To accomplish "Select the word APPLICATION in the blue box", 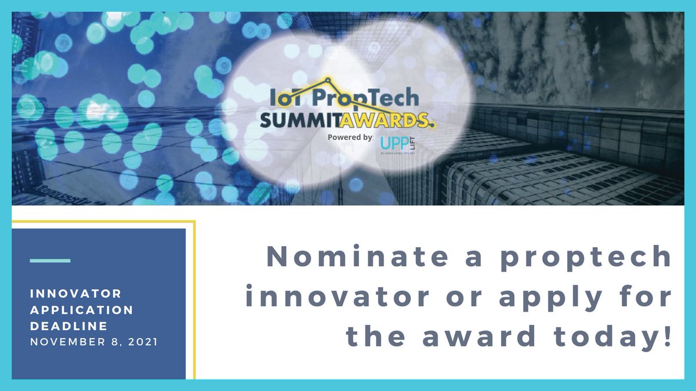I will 82,310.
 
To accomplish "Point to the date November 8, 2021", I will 93,342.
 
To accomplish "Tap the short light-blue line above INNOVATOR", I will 50,260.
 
